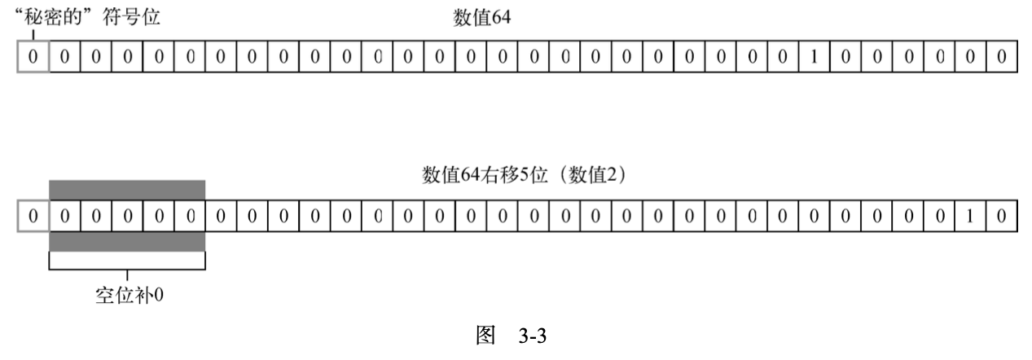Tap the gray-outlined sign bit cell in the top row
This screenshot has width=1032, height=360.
click(33, 57)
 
